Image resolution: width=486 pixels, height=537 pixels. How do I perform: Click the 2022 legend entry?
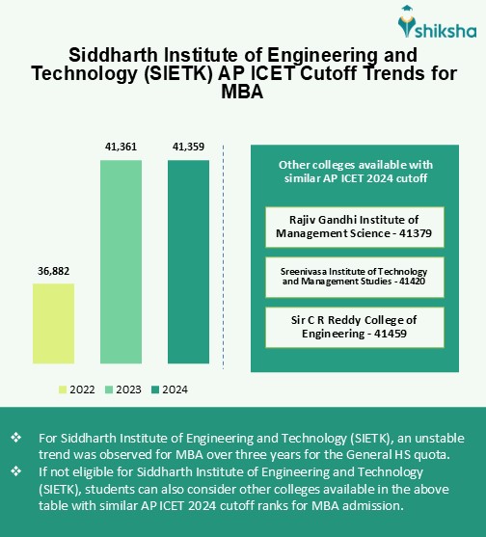click(76, 389)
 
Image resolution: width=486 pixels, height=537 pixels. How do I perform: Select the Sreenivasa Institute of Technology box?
click(354, 277)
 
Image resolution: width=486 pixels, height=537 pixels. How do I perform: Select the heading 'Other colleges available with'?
click(354, 165)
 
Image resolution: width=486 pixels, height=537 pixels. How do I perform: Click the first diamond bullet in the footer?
click(16, 438)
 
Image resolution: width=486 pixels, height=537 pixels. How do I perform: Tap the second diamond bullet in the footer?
click(16, 471)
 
